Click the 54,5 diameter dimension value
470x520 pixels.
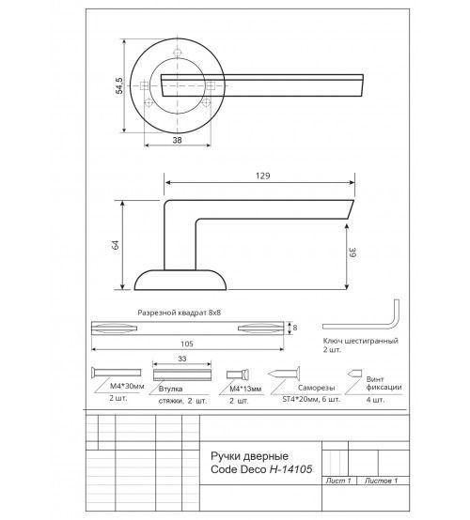click(x=119, y=85)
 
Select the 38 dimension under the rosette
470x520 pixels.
click(x=177, y=140)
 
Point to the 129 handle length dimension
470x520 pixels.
click(x=263, y=176)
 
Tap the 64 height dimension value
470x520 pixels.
click(x=117, y=245)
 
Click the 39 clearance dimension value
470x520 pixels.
click(x=352, y=252)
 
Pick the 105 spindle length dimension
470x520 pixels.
click(x=187, y=344)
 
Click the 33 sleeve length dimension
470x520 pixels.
click(x=182, y=359)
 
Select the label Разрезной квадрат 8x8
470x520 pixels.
click(x=179, y=313)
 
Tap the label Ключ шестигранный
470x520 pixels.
click(x=360, y=341)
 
